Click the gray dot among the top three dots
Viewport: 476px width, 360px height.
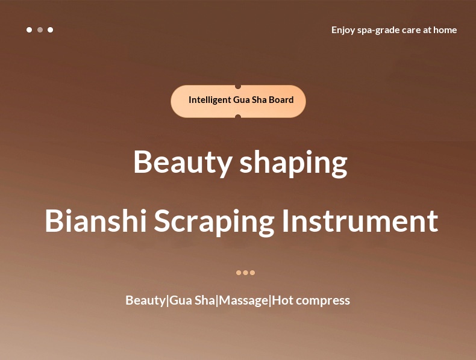point(40,29)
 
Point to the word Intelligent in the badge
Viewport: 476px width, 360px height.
point(210,100)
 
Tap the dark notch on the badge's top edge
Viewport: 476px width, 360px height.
point(238,87)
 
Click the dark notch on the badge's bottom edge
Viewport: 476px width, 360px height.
point(238,116)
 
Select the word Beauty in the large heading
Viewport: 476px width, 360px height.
point(183,163)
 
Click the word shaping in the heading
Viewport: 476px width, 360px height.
point(293,163)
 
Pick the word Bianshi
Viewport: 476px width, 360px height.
point(96,221)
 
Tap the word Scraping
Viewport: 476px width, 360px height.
point(215,222)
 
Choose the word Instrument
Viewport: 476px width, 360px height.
point(360,221)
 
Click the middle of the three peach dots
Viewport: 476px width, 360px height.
point(246,273)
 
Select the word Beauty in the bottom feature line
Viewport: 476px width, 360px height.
point(146,301)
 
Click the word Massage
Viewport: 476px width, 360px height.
point(243,301)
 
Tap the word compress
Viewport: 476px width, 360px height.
point(323,302)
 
